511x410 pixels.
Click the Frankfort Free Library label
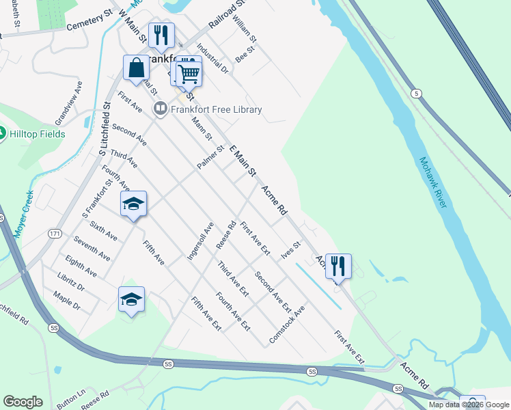[x=215, y=109]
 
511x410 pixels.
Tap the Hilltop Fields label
[x=38, y=134]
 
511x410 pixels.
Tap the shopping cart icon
[x=189, y=72]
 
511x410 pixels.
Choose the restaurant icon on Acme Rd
[x=338, y=266]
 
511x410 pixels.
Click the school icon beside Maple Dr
[x=131, y=299]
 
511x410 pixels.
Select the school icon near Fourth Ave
[x=134, y=204]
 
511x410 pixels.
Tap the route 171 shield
[x=55, y=234]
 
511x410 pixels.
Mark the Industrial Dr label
[x=212, y=59]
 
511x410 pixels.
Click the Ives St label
[x=291, y=250]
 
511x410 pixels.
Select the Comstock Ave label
[x=287, y=324]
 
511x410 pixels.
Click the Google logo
[x=23, y=402]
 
